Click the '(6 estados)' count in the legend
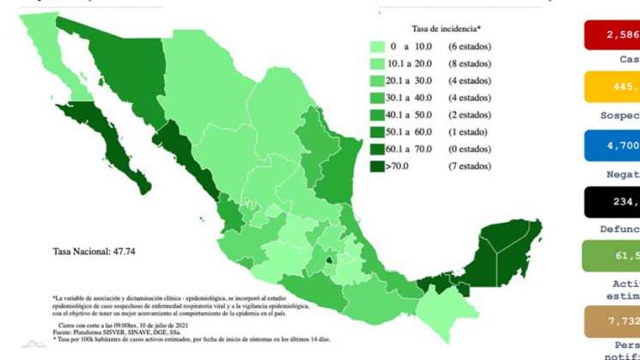click(470, 46)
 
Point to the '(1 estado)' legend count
click(467, 131)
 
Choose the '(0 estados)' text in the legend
click(470, 149)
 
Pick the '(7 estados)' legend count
click(470, 165)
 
